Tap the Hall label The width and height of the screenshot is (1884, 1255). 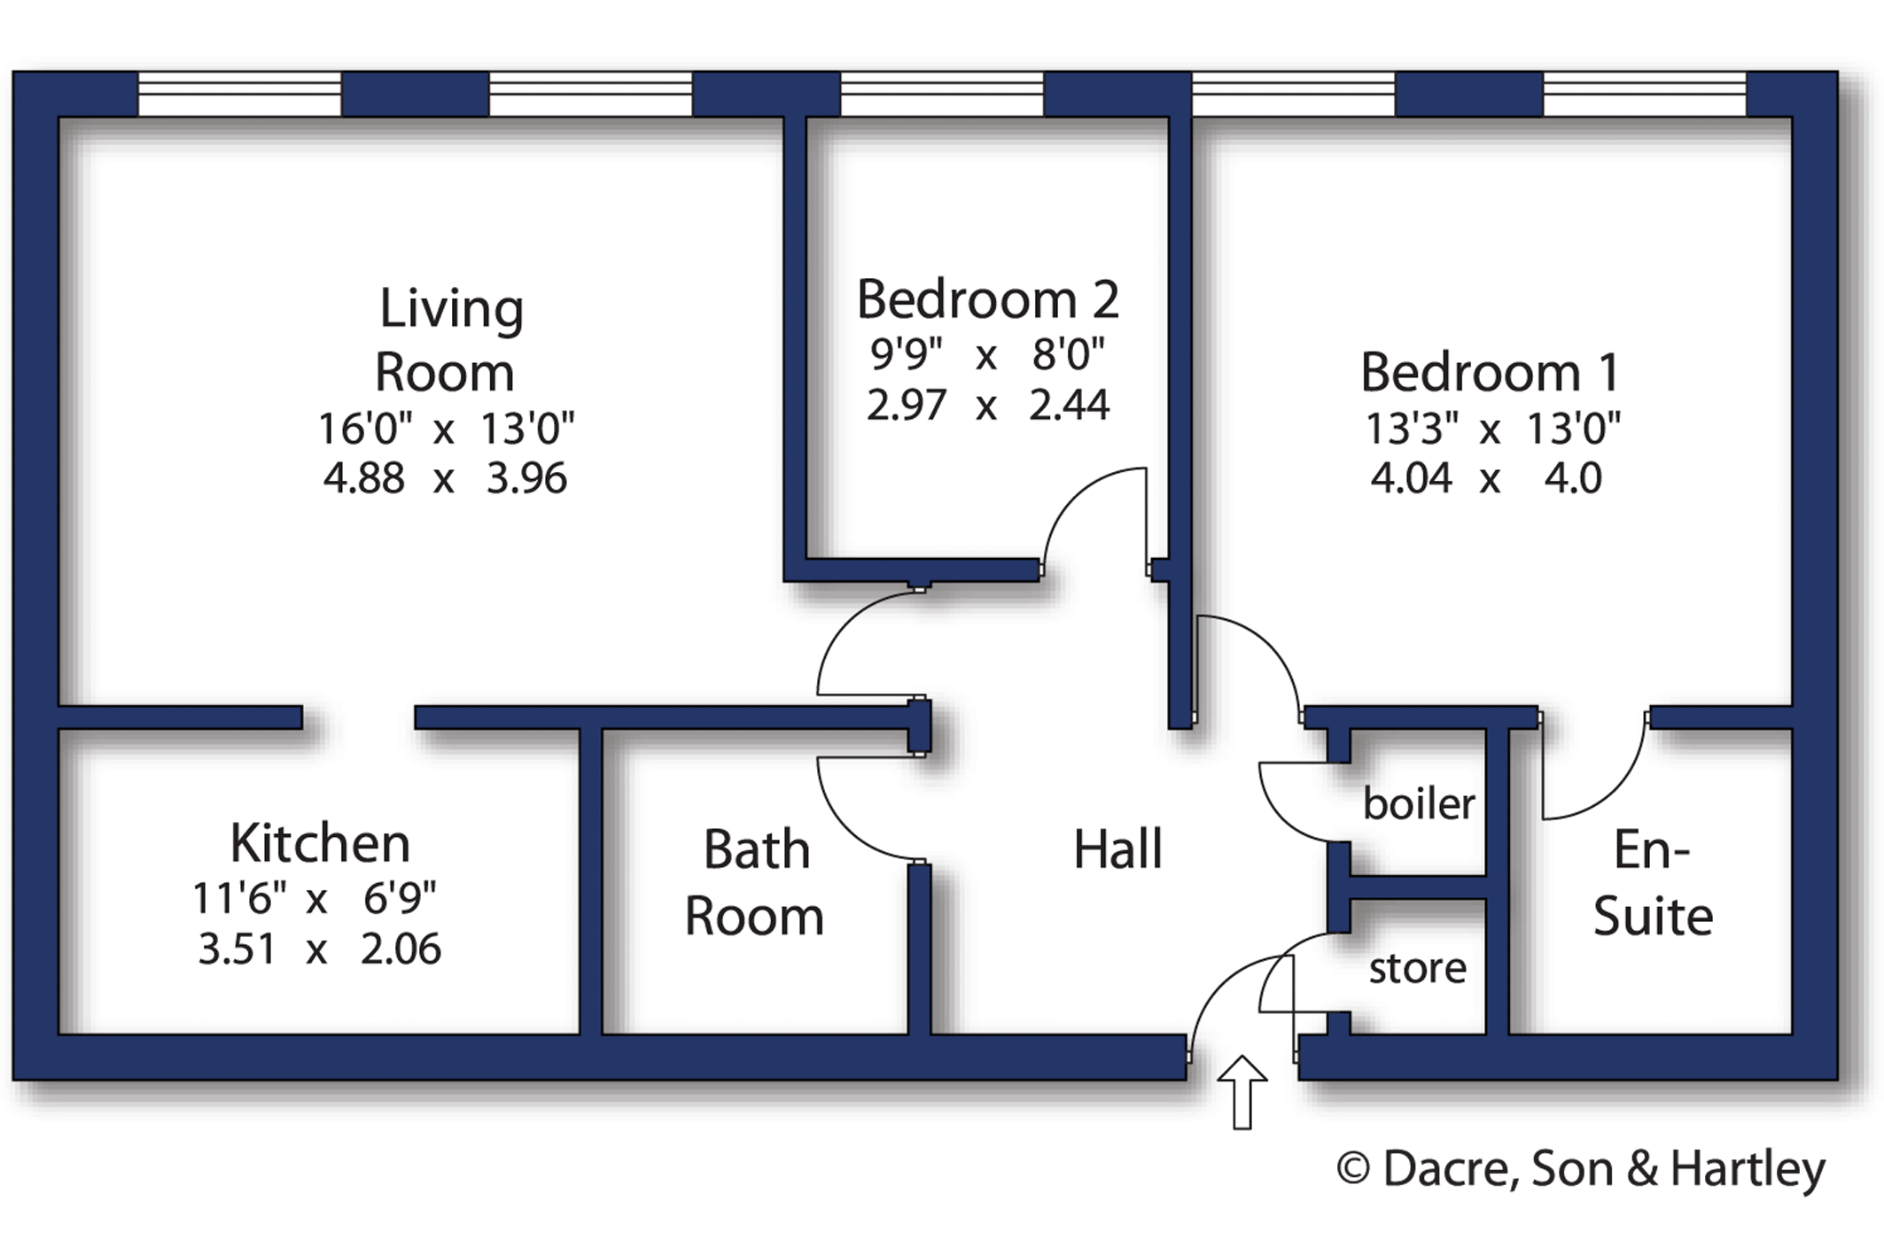[x=1117, y=849]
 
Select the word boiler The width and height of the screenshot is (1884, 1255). [x=1418, y=804]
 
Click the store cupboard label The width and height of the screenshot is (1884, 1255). [x=1417, y=968]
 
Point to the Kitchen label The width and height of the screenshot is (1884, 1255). [x=320, y=842]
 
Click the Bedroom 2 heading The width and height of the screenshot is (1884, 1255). [x=987, y=299]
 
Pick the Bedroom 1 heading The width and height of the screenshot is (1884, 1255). [x=1490, y=372]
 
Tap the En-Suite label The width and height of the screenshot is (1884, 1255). [x=1652, y=882]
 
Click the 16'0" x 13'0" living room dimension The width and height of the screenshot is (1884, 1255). [x=446, y=430]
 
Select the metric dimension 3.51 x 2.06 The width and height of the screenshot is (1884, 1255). [x=319, y=949]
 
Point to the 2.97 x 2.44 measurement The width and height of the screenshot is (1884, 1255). [x=987, y=406]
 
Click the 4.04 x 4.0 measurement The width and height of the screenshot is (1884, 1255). [x=1485, y=479]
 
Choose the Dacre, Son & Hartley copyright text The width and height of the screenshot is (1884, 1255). [x=1581, y=1168]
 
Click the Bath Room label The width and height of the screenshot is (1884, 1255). [x=755, y=882]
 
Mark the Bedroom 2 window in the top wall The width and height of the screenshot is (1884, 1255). [x=941, y=94]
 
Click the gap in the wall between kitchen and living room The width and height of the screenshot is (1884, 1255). [x=358, y=717]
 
